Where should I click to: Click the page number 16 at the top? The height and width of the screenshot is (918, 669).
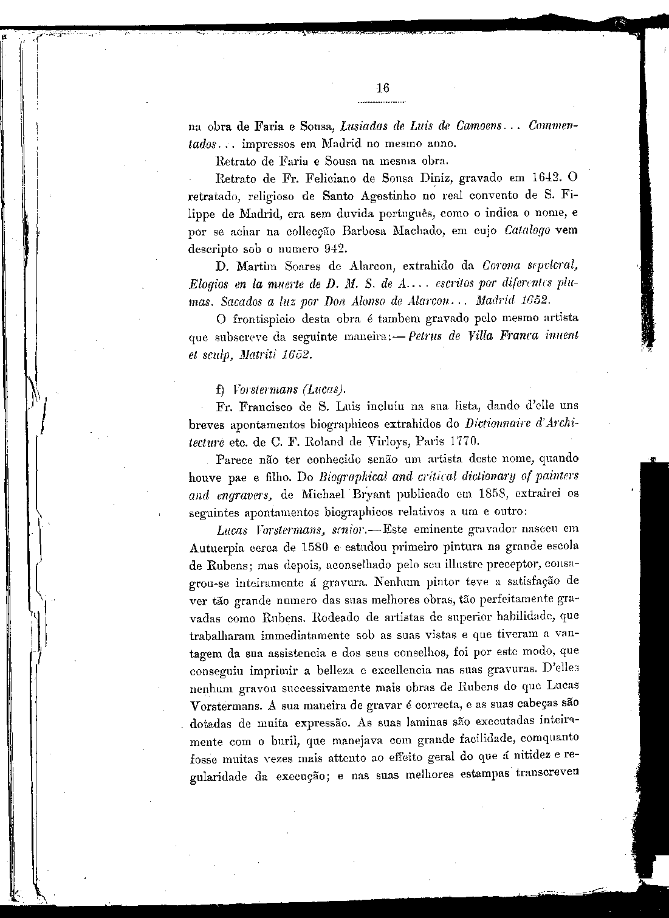(382, 88)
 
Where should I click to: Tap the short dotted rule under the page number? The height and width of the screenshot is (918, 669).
(382, 102)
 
